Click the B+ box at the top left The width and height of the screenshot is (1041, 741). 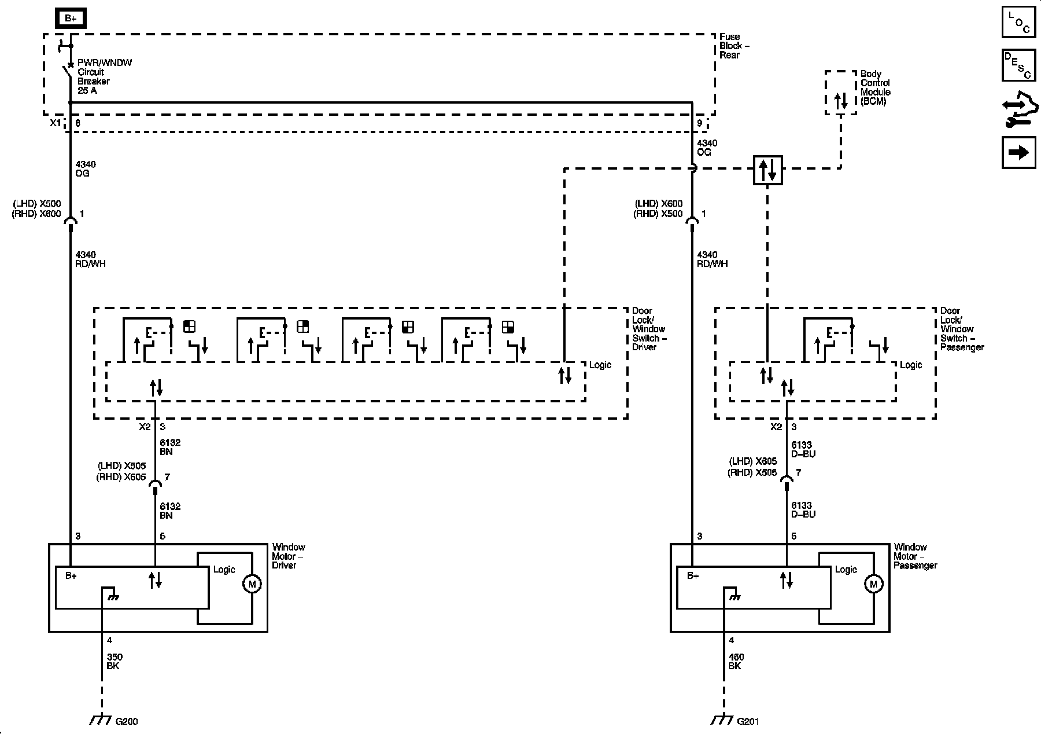click(x=71, y=19)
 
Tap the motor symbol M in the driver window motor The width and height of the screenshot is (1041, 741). click(x=252, y=584)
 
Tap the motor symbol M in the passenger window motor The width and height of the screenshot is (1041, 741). click(x=873, y=584)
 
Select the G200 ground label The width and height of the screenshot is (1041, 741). click(x=127, y=721)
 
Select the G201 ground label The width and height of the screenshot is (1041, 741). click(x=748, y=721)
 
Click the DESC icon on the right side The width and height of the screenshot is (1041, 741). click(x=1018, y=65)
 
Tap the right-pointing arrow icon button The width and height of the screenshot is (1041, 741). click(x=1018, y=152)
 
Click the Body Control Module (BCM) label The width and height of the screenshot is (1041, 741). click(x=875, y=87)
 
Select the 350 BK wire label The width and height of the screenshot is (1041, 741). click(x=115, y=662)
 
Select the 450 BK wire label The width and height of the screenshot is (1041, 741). click(x=736, y=662)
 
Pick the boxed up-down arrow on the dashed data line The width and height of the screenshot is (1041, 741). click(x=767, y=170)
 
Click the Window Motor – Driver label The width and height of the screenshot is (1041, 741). click(x=288, y=556)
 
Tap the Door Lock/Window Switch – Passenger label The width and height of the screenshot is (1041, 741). click(x=961, y=329)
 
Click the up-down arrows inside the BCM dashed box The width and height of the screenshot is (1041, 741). click(x=840, y=101)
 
